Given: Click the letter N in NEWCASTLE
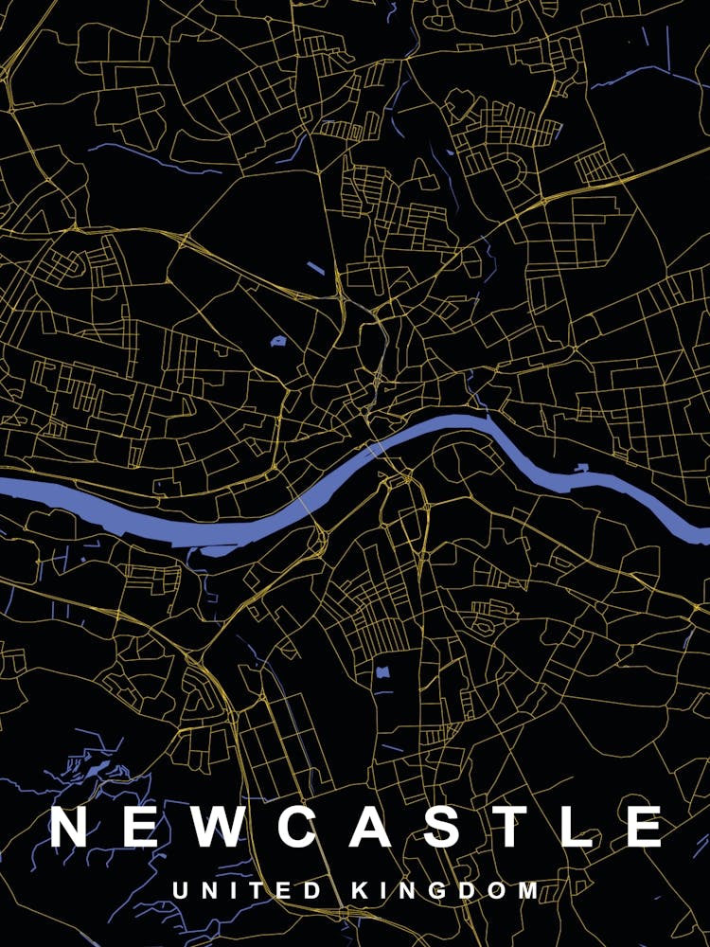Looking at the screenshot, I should point(71,827).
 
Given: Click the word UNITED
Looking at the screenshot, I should point(249,891).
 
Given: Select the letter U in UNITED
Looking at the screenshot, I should point(180,891).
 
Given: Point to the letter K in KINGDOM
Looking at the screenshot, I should point(361,891).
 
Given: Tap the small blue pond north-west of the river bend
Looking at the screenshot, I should point(278,341).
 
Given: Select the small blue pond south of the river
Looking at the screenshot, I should point(382,673).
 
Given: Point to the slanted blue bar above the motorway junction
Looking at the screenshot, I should point(315,268).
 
